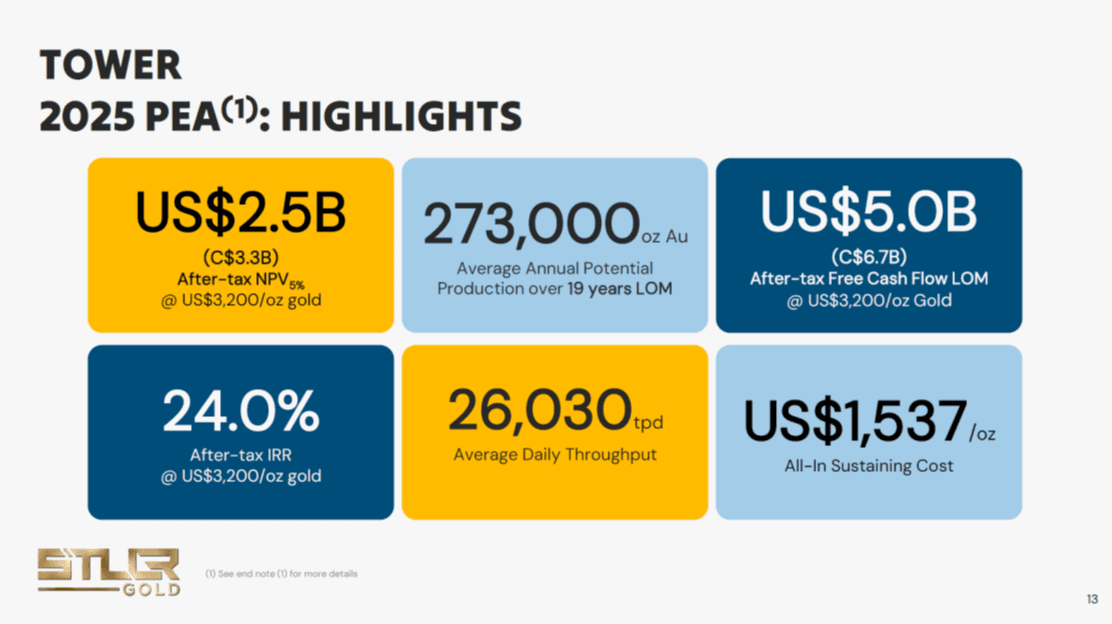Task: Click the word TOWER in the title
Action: pos(111,65)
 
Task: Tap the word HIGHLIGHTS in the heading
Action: pos(401,117)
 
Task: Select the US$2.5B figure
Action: pos(240,213)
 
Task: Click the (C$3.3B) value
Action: pos(240,257)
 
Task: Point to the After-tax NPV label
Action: pos(240,280)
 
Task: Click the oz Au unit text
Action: pos(665,237)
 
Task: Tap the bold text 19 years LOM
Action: pos(620,289)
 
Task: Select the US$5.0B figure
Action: pos(869,212)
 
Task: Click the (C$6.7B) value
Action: pos(869,257)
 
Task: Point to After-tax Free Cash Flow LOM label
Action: pos(869,279)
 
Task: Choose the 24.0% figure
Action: pos(240,411)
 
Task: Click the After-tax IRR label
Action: pos(240,455)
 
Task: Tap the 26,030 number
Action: pos(540,411)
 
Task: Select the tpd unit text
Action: pos(648,423)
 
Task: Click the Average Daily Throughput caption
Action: pos(555,455)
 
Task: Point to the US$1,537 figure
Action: pos(855,421)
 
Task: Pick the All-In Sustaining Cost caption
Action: pos(869,466)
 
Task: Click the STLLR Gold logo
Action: pos(109,572)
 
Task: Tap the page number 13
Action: pos(1092,599)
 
